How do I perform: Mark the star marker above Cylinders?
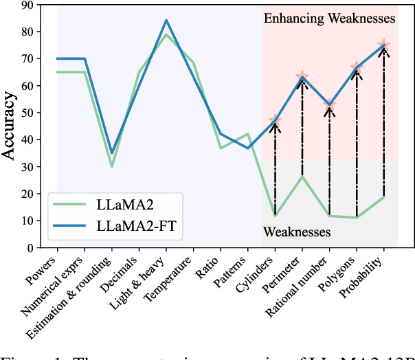tap(275, 121)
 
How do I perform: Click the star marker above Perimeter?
tap(302, 77)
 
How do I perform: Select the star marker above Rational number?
tap(329, 106)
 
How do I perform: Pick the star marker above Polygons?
tap(356, 67)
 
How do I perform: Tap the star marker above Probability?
tap(383, 45)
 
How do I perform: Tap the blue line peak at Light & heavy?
tap(166, 21)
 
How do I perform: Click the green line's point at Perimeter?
tap(302, 177)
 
